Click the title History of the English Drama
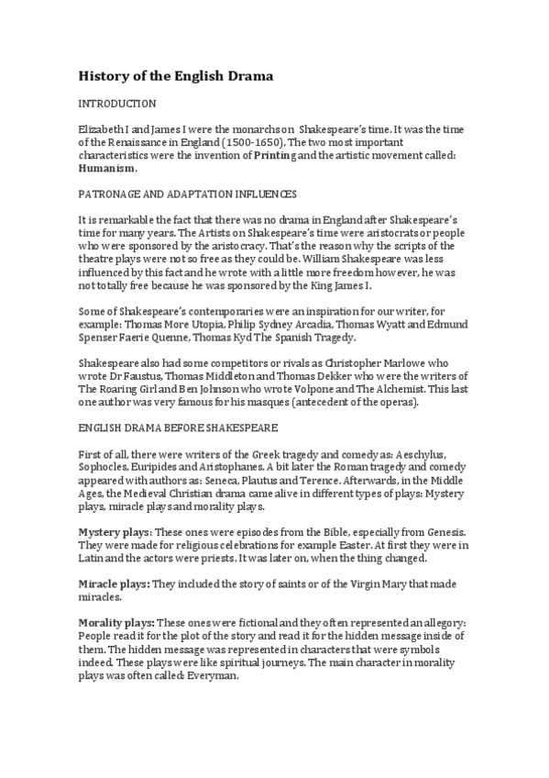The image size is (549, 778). coord(175,75)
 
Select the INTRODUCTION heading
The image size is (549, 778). coord(117,104)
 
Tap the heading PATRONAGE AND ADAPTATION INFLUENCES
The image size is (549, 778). coord(187,195)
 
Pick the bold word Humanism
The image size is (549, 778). coord(107,169)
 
